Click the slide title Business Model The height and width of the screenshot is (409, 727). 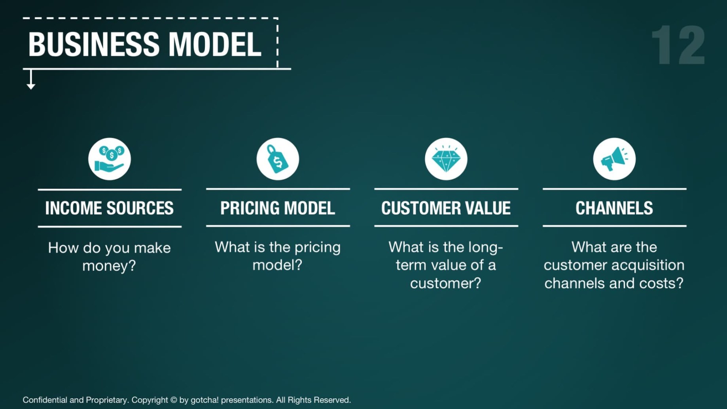(x=145, y=44)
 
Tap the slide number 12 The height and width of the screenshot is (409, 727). (x=678, y=45)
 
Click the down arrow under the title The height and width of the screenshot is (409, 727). (x=31, y=79)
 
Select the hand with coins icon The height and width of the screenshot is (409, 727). (x=110, y=159)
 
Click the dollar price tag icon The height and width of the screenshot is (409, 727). (x=278, y=159)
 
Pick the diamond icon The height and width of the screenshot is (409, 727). (x=446, y=159)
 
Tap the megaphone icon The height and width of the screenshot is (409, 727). (x=614, y=159)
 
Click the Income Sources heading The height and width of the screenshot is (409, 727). (x=110, y=208)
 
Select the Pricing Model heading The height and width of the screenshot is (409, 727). (x=278, y=208)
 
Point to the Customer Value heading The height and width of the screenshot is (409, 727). (x=446, y=208)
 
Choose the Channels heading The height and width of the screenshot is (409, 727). (x=614, y=208)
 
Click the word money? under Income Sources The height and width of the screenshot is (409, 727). (x=109, y=265)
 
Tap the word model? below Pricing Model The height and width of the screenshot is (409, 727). (x=278, y=265)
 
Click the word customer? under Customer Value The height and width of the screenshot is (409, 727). (x=446, y=283)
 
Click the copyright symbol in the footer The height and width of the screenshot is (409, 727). (x=173, y=400)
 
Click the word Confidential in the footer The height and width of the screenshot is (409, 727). (x=45, y=400)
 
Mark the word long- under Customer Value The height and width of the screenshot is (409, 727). (x=486, y=248)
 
